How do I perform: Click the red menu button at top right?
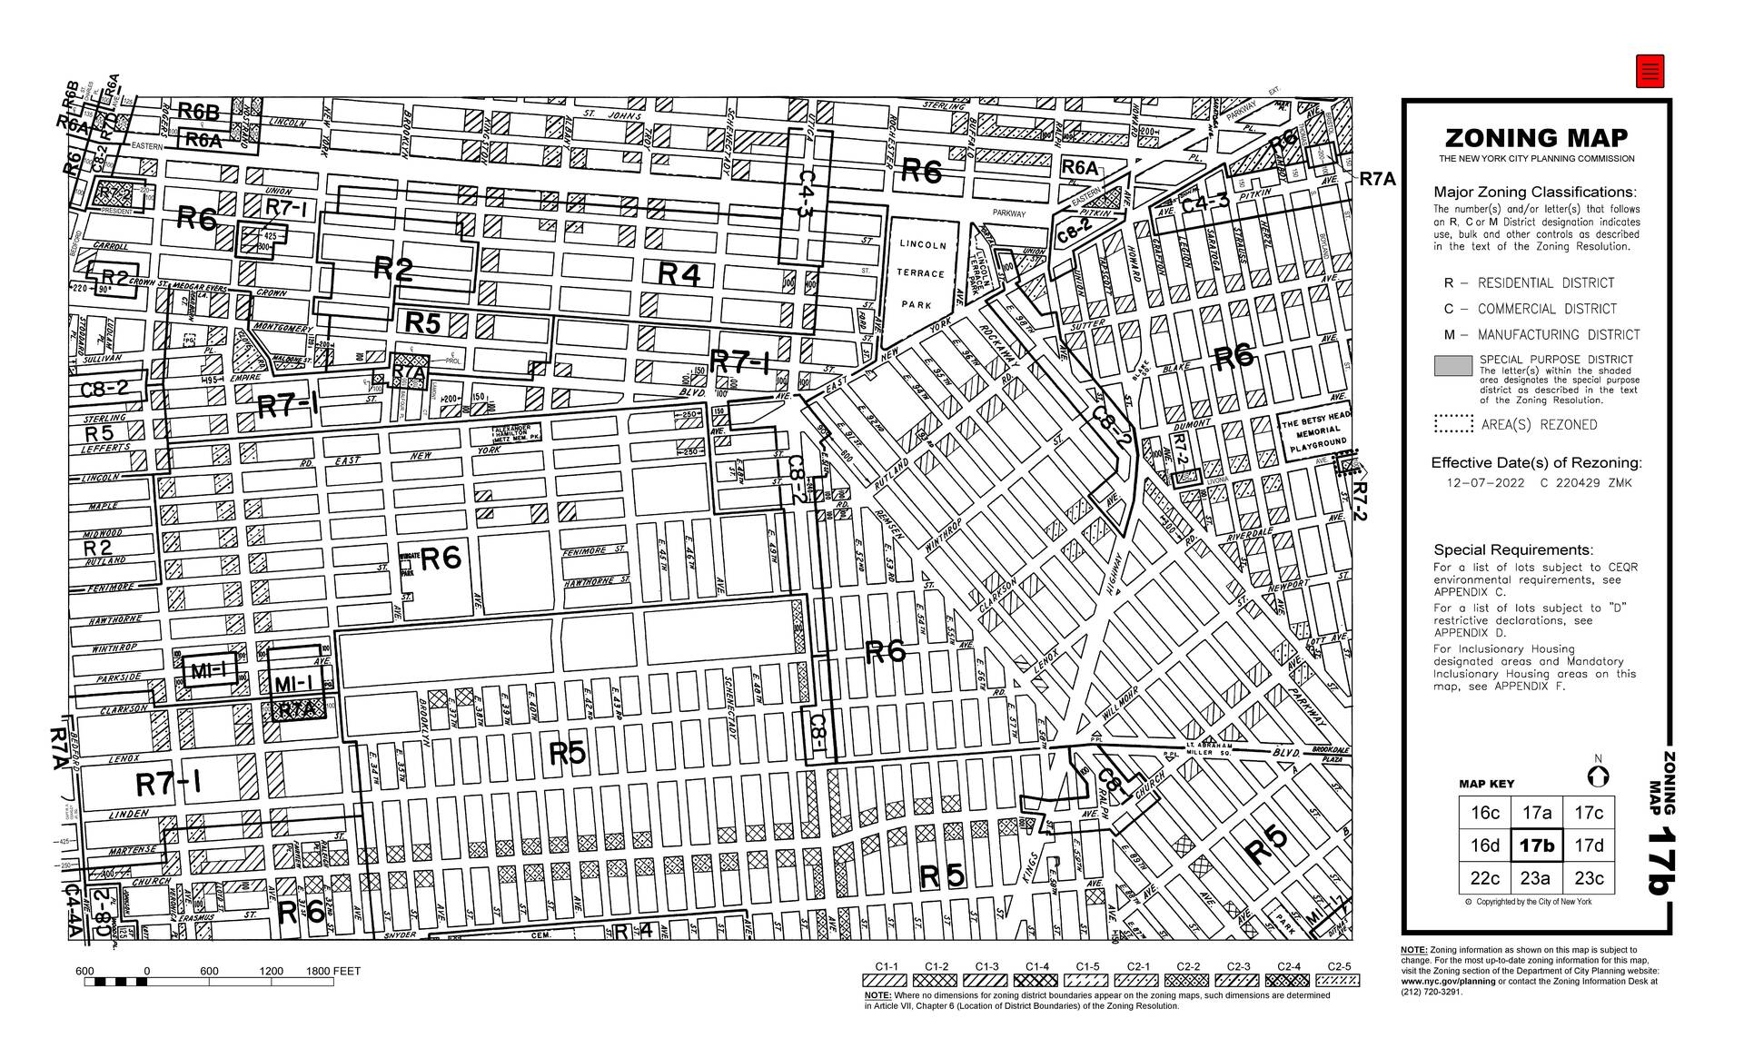tap(1650, 71)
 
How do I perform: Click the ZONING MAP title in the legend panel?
tap(1536, 138)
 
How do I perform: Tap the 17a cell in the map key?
tap(1537, 813)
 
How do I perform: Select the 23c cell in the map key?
tap(1589, 878)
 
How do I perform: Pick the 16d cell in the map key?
tap(1485, 845)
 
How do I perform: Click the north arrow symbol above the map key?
tap(1598, 776)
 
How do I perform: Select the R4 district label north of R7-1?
tap(679, 273)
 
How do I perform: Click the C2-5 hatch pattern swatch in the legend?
tap(1338, 981)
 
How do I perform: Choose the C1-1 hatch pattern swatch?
tap(886, 981)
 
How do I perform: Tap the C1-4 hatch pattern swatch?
tap(1036, 981)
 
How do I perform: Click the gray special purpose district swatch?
tap(1452, 366)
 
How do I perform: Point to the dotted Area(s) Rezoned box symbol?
tap(1452, 424)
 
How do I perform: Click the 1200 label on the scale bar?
tap(271, 971)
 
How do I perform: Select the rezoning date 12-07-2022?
tap(1485, 483)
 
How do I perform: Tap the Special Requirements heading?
tap(1513, 549)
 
